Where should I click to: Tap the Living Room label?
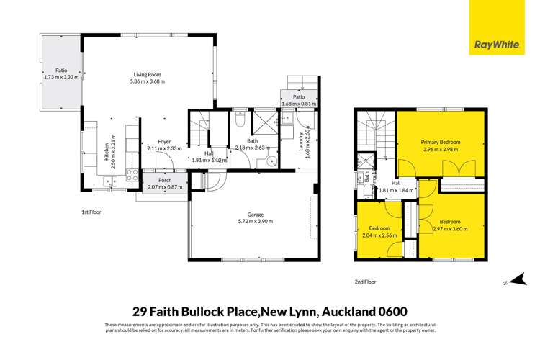click(149, 74)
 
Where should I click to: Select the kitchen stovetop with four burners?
click(132, 173)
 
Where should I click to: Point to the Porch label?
click(163, 181)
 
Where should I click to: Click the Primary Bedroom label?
click(441, 143)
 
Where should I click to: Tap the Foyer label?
click(163, 142)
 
